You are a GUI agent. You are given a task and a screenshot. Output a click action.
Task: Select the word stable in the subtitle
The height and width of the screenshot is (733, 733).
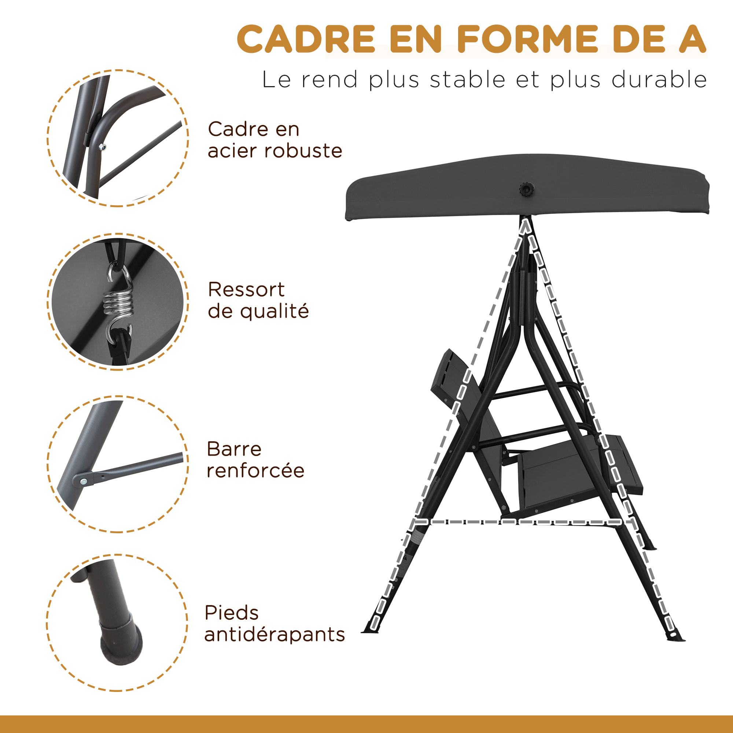tap(468, 80)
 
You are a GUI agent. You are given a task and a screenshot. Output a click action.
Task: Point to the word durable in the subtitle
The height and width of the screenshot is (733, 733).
tap(659, 80)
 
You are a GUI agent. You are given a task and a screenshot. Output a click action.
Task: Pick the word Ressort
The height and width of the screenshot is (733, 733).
tap(246, 290)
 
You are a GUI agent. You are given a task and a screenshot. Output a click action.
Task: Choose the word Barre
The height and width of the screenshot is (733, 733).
tap(234, 449)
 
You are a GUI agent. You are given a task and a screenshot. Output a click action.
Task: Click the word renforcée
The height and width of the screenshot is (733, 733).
tap(255, 471)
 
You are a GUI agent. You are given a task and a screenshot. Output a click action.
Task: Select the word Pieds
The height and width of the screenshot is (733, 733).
tap(231, 613)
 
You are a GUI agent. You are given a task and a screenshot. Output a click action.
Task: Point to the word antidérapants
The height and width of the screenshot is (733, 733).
tap(274, 634)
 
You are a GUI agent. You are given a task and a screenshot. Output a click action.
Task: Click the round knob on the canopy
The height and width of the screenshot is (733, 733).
tap(527, 188)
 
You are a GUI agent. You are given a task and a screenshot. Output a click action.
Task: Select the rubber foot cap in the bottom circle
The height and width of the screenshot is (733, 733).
tap(121, 641)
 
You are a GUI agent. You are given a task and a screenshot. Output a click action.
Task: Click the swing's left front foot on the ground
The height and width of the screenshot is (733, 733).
tap(370, 632)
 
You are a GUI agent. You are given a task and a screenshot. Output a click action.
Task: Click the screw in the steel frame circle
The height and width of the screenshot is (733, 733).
tap(101, 147)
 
